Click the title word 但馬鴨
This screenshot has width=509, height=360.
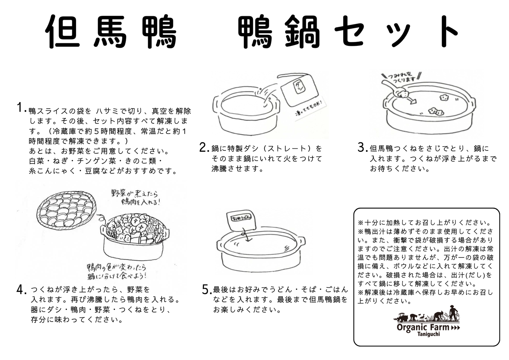(111, 32)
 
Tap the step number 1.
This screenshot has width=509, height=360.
(21, 108)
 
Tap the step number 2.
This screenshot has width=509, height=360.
(204, 147)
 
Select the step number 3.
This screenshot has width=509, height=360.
(362, 147)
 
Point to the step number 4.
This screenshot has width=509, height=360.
(21, 290)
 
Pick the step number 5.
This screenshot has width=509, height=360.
(207, 290)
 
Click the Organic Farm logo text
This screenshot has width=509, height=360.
(423, 327)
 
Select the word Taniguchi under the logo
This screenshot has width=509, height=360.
(428, 334)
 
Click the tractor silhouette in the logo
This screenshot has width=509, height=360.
(401, 317)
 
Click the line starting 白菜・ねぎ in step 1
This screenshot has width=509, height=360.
(95, 161)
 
